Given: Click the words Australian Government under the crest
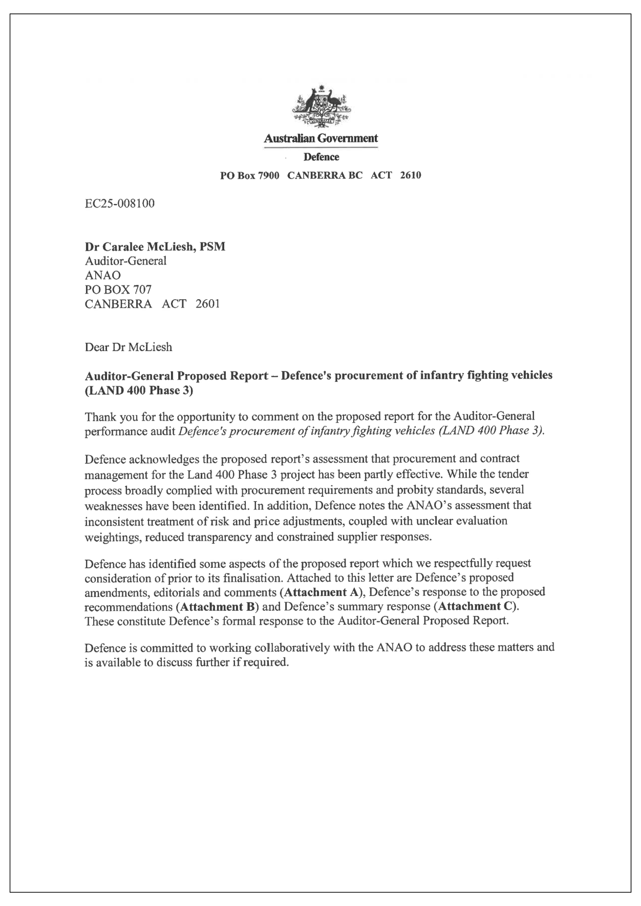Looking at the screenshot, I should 320,138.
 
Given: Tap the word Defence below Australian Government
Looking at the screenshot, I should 321,157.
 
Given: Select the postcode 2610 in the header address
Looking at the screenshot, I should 411,176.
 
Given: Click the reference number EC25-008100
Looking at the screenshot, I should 119,204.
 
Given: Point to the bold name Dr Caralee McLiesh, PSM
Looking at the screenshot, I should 155,247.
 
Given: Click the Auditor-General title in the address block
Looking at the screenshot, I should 125,261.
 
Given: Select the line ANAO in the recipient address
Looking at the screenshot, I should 102,275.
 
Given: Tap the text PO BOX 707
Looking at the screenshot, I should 118,290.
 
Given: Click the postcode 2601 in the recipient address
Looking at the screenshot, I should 207,304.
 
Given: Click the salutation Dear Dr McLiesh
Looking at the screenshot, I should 128,347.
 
